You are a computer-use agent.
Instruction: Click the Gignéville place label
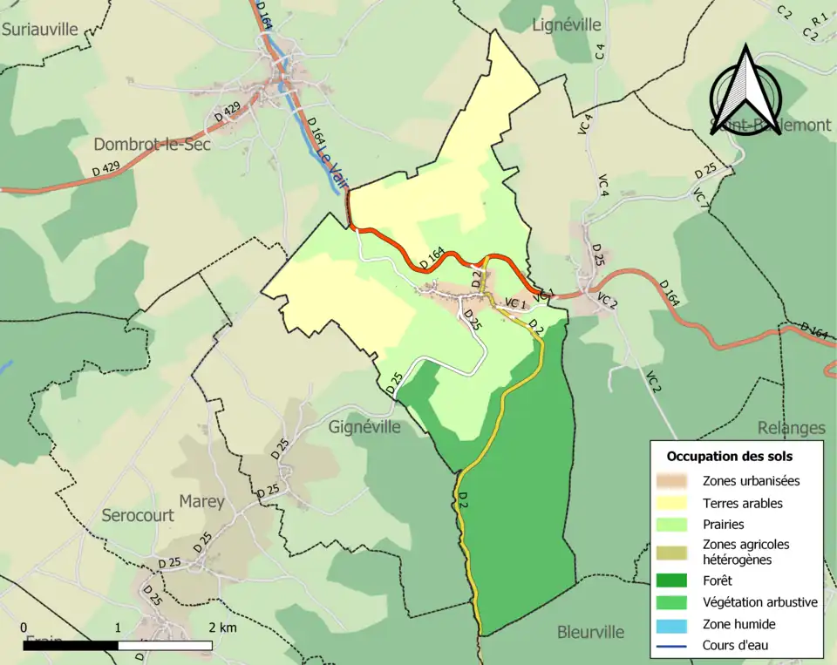click(x=364, y=427)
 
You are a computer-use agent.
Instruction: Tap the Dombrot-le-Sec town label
click(x=152, y=145)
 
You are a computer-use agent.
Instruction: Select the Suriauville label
click(x=40, y=29)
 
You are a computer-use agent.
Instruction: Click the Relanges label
click(x=791, y=428)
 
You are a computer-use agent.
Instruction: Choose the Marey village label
click(x=201, y=502)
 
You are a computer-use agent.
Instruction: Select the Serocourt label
click(x=138, y=515)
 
